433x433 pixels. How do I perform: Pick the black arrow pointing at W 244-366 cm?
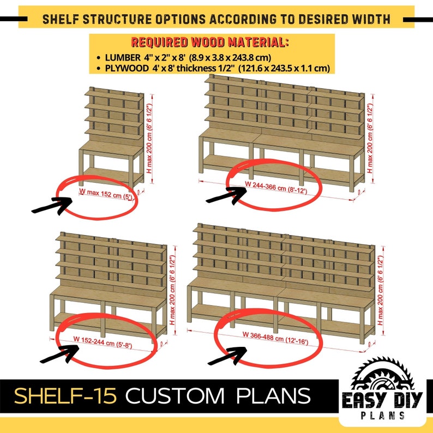225,194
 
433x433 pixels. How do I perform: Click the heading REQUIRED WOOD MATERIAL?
210,43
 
